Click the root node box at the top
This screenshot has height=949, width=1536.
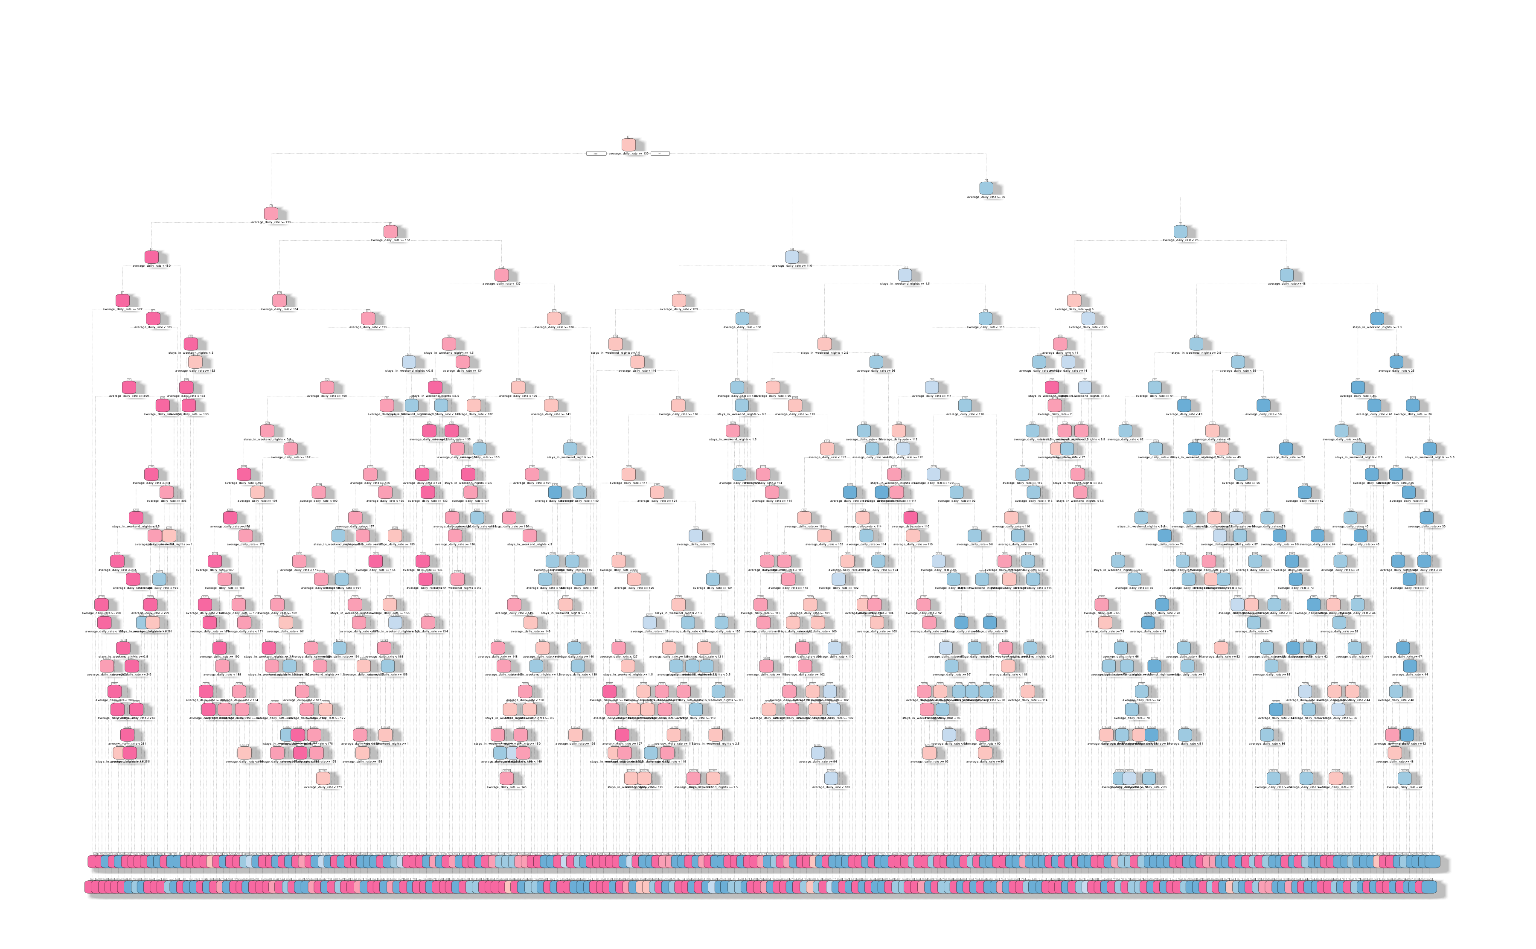coord(628,145)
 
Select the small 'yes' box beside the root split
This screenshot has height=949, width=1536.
coord(596,154)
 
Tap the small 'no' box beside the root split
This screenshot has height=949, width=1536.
coord(660,154)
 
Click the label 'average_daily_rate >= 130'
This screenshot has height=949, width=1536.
coord(628,154)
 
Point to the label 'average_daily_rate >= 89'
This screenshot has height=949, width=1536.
coord(986,197)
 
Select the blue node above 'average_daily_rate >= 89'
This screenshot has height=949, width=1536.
coord(986,188)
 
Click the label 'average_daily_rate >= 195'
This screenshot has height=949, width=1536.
coord(271,222)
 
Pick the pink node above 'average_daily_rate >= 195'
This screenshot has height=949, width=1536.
coord(271,213)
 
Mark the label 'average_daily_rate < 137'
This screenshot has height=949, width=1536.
coord(501,284)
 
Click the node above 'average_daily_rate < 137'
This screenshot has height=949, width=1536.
coord(501,275)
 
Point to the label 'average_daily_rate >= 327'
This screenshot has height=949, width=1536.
coord(122,309)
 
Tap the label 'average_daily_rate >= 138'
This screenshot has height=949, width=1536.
coord(553,327)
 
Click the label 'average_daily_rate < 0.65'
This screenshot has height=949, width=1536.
coord(1088,327)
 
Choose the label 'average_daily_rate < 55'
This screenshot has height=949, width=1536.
coord(1237,370)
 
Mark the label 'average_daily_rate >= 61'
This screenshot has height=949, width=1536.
coord(1155,396)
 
